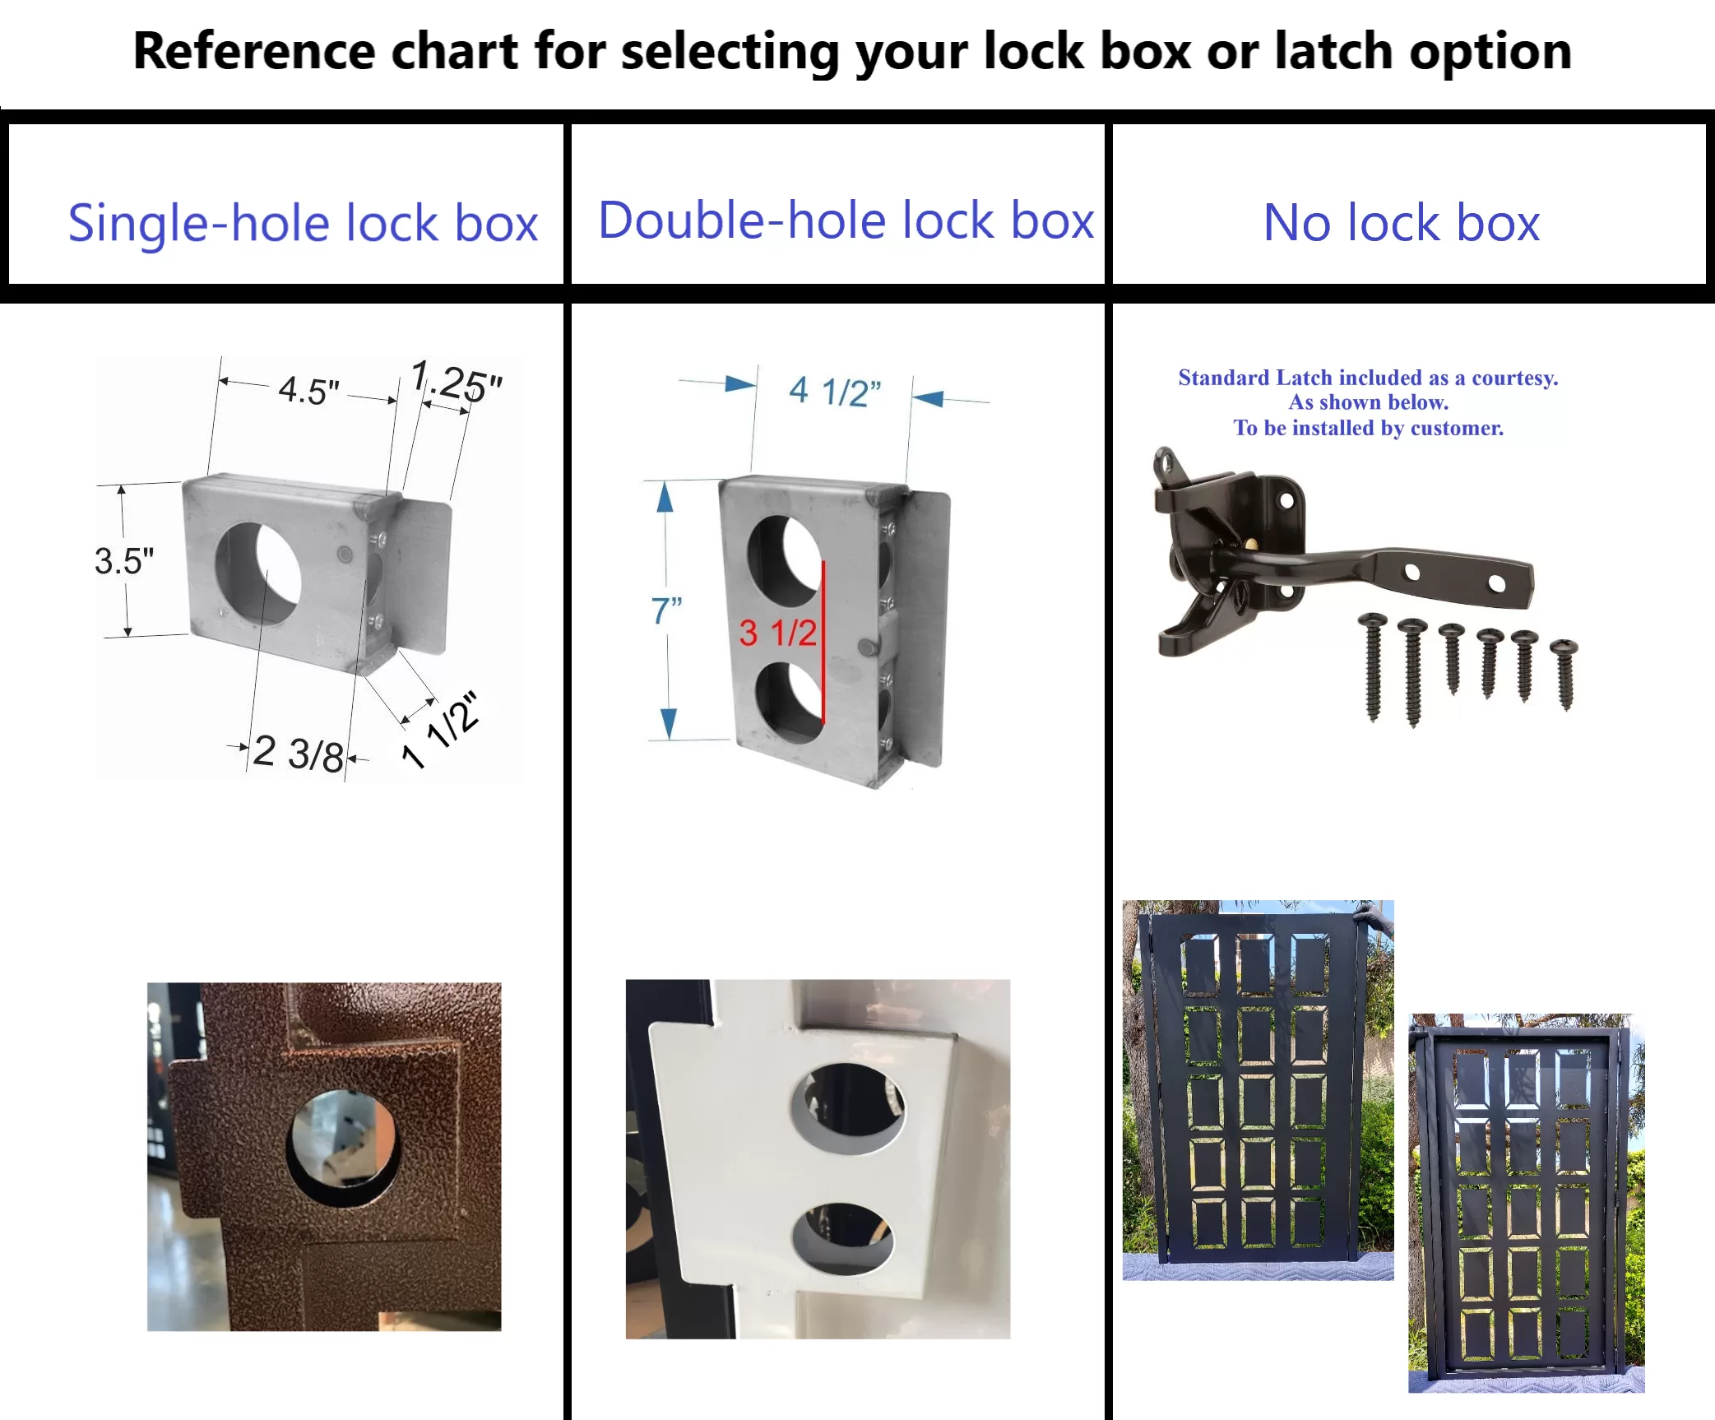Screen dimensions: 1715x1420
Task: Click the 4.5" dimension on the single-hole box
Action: point(308,390)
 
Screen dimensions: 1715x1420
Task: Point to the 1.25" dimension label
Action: point(457,381)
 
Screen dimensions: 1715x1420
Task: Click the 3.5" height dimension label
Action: point(124,561)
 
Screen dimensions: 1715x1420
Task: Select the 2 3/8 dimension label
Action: point(298,753)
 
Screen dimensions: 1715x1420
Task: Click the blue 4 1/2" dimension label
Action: point(834,392)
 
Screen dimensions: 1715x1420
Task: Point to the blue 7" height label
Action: point(666,610)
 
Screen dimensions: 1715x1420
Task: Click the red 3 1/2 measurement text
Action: point(777,633)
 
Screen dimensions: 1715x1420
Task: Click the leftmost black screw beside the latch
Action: point(1372,667)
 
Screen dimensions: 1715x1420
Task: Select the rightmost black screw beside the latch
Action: point(1564,674)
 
